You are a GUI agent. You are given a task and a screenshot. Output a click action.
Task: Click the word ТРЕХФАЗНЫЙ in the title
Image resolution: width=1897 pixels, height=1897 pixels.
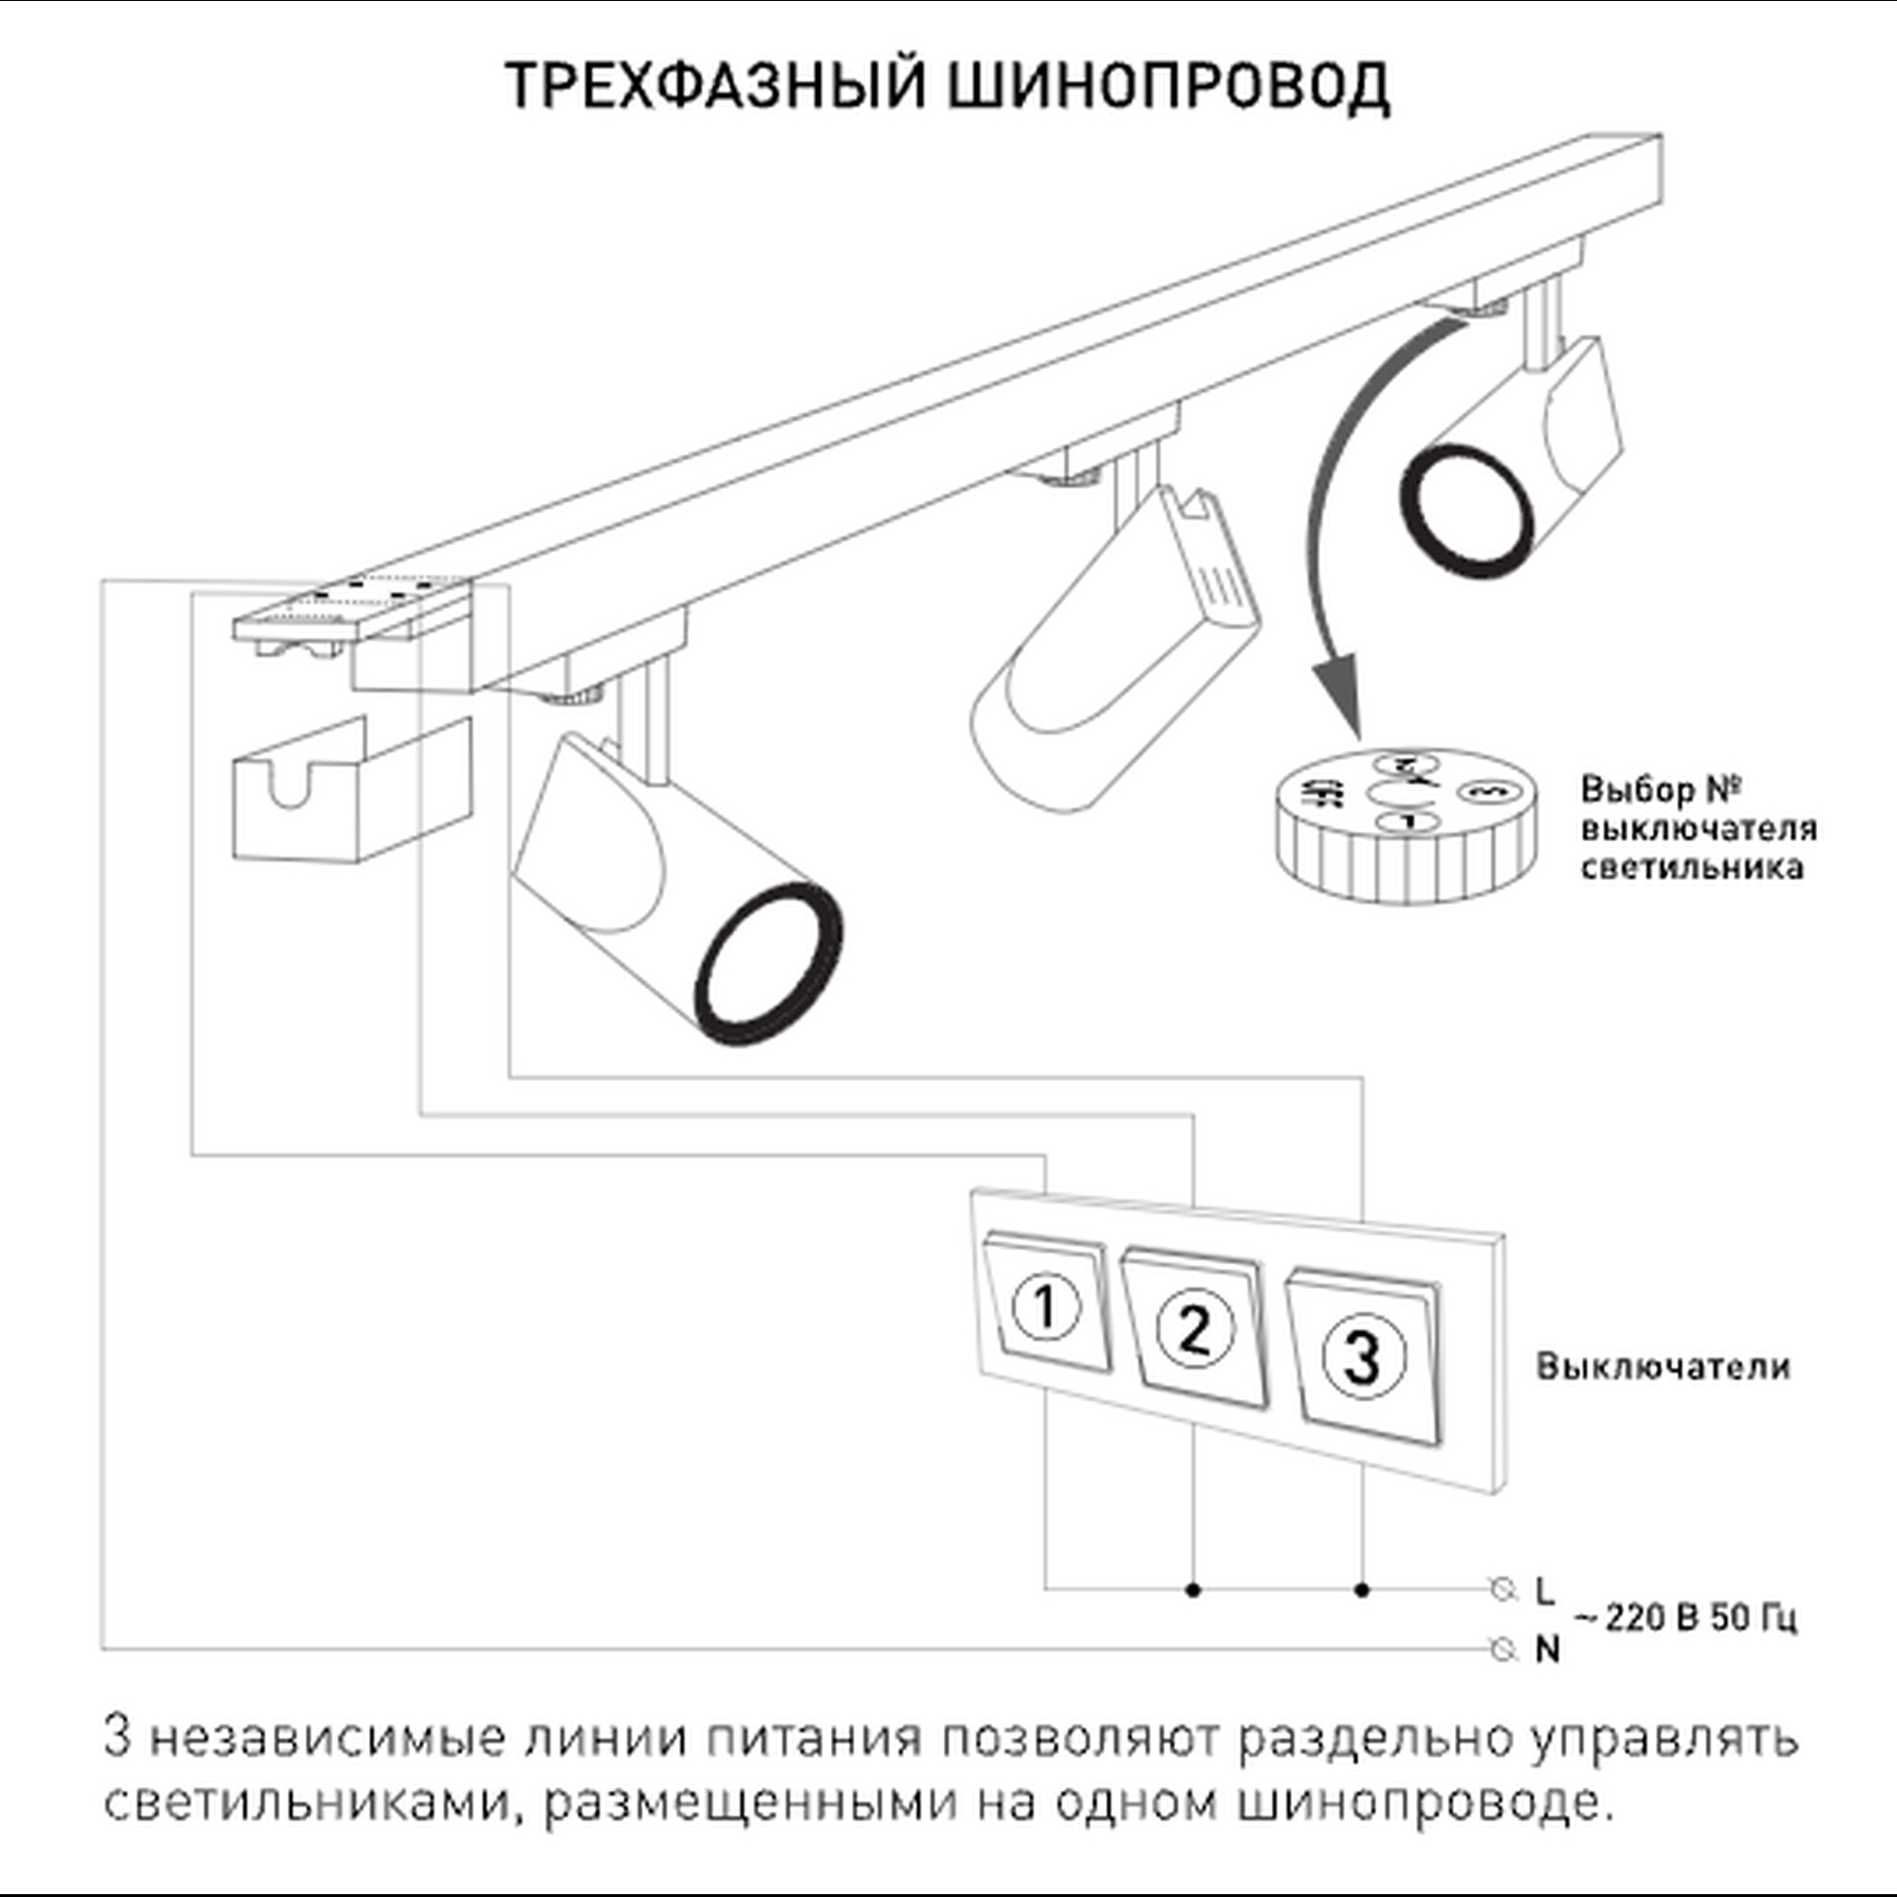point(716,85)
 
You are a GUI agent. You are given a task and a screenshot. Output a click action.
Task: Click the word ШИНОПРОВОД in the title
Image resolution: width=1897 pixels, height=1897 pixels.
point(1169,85)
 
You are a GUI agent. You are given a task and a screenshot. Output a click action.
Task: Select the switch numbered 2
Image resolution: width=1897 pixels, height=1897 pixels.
point(1194,1331)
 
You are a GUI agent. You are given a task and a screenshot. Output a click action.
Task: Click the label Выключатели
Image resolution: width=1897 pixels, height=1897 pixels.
point(1664,1367)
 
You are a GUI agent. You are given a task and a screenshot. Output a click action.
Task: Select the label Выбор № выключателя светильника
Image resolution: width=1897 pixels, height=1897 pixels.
point(1698,828)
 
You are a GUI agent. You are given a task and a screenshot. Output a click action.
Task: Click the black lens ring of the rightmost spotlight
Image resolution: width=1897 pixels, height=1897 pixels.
point(1466,510)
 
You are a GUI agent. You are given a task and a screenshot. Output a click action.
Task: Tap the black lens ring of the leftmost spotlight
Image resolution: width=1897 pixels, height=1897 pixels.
point(769,966)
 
